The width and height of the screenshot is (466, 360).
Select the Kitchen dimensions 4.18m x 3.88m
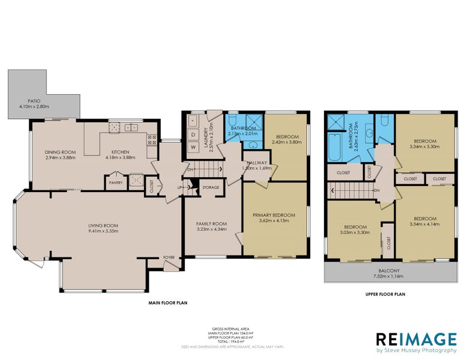tap(121, 158)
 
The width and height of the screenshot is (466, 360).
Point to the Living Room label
tap(103, 226)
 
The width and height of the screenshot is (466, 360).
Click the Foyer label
tap(169, 257)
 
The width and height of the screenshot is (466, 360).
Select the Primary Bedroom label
tap(275, 215)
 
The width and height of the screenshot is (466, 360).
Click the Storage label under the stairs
tap(211, 187)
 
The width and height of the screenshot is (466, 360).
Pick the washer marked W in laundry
tap(193, 147)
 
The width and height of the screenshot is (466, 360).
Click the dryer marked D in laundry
tap(193, 134)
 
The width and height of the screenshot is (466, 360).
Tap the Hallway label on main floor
tap(256, 162)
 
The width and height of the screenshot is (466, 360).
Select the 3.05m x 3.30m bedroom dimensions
tap(354, 232)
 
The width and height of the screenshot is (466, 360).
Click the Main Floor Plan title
tap(168, 303)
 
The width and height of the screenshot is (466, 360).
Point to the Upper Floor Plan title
tap(386, 295)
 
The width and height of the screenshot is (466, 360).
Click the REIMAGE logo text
tap(416, 339)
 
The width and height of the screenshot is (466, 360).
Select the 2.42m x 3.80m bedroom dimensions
tap(285, 143)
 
